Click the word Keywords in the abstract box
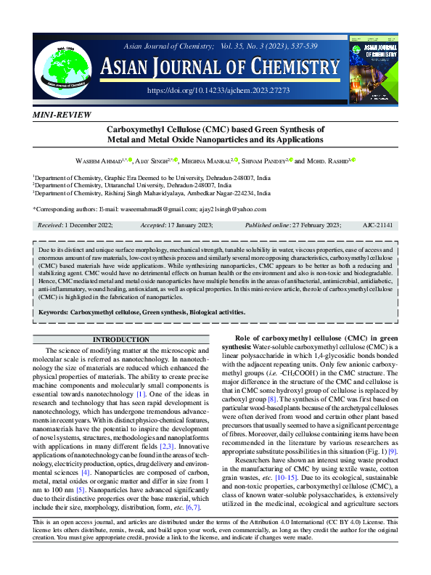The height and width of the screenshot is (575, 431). click(53, 313)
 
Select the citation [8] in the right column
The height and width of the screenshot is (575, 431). click(271, 399)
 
